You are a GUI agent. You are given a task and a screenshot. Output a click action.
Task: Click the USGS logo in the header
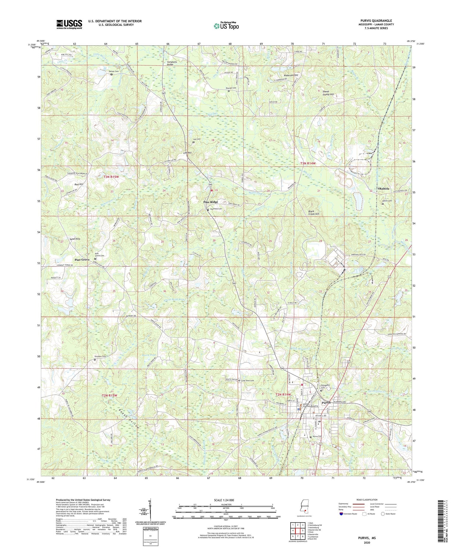pyautogui.click(x=69, y=24)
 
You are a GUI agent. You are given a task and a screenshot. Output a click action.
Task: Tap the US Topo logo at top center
pyautogui.click(x=225, y=25)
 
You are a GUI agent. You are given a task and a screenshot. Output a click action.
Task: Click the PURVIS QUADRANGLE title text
pyautogui.click(x=377, y=21)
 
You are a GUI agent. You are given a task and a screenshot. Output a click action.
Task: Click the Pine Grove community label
pyautogui.click(x=82, y=260)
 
